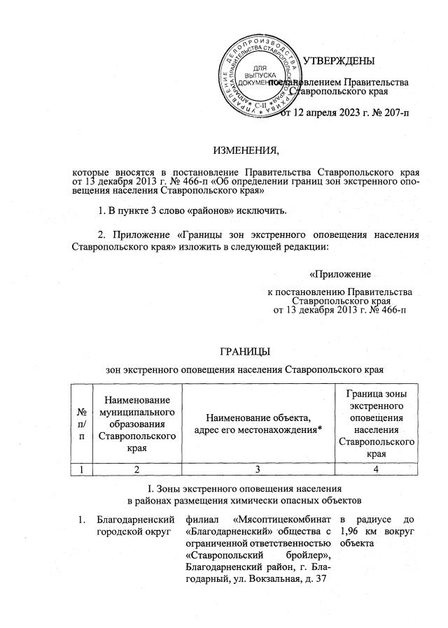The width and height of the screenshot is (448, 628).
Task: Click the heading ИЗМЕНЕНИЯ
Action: tap(245, 150)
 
